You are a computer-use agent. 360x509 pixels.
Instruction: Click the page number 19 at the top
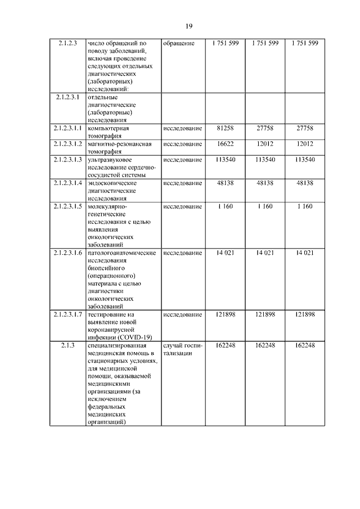(189, 25)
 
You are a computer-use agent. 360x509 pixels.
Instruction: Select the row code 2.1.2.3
(66, 43)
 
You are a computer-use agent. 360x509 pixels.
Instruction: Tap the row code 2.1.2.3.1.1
(66, 128)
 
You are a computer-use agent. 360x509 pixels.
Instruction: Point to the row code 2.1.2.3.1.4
(66, 183)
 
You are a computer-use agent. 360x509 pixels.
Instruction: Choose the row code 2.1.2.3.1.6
(66, 253)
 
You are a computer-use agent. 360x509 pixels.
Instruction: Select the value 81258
(224, 128)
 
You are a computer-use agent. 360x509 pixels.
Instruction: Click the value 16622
(224, 144)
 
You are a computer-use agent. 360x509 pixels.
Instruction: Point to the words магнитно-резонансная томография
(120, 148)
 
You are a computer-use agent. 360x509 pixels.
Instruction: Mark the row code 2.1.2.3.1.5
(66, 206)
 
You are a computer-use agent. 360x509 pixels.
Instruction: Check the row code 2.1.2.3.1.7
(66, 314)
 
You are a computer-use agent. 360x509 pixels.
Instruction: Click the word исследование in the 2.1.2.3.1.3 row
(182, 160)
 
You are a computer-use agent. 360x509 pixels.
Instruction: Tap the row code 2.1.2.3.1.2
(66, 144)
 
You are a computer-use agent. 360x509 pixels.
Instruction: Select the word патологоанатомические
(122, 253)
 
